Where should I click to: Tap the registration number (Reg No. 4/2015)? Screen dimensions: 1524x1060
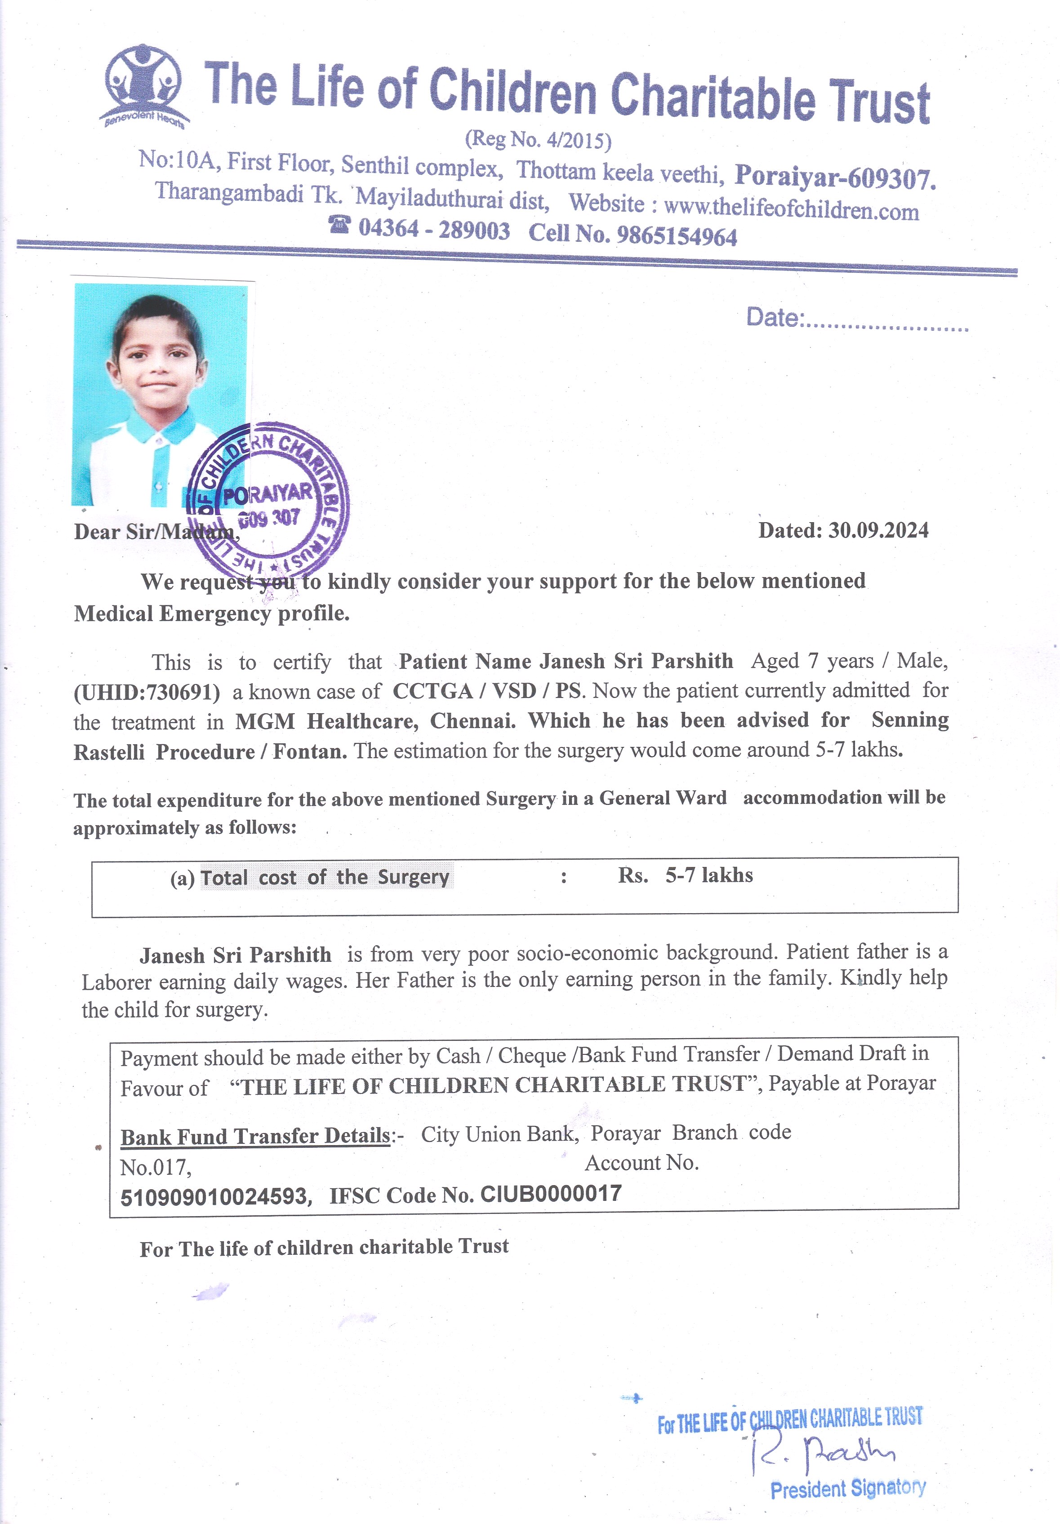click(538, 139)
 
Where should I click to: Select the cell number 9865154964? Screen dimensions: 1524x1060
click(677, 235)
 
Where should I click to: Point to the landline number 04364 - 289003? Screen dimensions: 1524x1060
click(434, 230)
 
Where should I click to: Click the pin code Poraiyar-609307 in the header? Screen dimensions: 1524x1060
click(835, 177)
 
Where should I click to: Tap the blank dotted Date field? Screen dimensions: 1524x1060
click(886, 324)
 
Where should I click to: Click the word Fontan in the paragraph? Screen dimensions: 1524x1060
click(309, 751)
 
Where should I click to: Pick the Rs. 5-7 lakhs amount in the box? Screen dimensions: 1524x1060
click(686, 875)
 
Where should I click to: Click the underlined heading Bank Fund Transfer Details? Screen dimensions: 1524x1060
click(255, 1136)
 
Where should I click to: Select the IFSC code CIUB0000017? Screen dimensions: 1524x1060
click(551, 1193)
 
